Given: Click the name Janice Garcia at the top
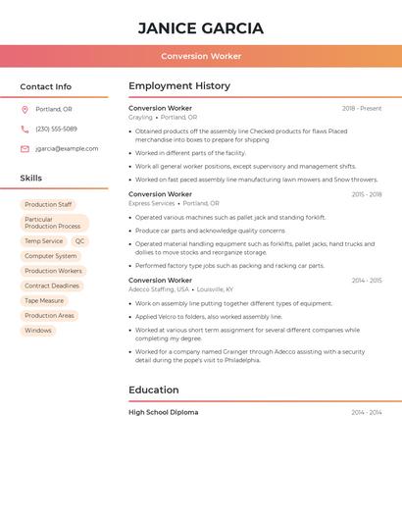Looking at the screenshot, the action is tap(201, 27).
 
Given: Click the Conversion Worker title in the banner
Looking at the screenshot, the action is tap(201, 56).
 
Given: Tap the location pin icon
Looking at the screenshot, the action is tap(25, 109).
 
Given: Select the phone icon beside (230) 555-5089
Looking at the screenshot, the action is tap(25, 129).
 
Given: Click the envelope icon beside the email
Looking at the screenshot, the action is tap(25, 149).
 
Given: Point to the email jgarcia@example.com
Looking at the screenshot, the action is tap(67, 149).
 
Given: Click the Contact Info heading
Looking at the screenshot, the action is tap(46, 87).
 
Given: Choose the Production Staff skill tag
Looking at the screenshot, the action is tap(48, 204).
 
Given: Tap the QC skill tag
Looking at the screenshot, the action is tap(79, 241).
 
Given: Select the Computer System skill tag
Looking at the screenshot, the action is tap(51, 256).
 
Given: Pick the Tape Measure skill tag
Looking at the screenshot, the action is tap(44, 301).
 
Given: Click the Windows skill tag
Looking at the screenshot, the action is tap(38, 331).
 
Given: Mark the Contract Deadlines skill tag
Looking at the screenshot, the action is tap(52, 286).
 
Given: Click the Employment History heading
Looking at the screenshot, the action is tap(179, 86).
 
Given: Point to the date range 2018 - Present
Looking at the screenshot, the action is tap(362, 109).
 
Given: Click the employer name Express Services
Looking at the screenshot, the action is tap(151, 203).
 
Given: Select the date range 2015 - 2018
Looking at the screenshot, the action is tap(367, 194).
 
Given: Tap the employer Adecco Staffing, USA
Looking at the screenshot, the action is tap(159, 289).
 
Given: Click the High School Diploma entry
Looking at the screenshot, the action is tap(163, 412).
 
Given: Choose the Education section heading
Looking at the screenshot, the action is tap(154, 390).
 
